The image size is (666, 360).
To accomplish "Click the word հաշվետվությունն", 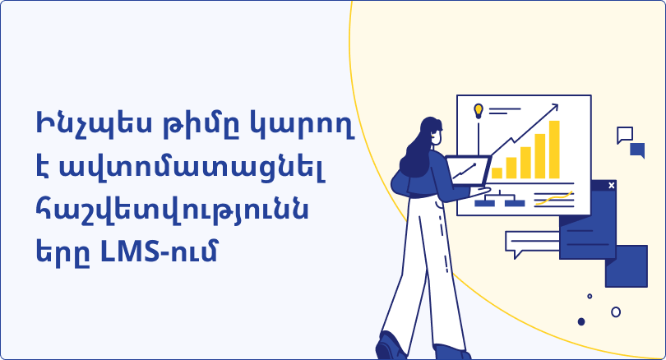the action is coord(172,210).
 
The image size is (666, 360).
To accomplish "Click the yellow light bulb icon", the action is coord(479,111).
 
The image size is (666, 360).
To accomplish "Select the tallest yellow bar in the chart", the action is coord(554,150).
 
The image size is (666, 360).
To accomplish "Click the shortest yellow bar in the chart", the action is coord(497,173).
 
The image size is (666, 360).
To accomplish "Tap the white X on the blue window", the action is coord(612,185).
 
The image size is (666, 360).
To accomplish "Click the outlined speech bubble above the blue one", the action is coord(625,135).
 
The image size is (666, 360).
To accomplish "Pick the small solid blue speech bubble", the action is coord(637,150).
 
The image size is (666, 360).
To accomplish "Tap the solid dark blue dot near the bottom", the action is coord(581,322).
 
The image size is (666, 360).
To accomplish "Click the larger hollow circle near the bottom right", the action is coord(616,312).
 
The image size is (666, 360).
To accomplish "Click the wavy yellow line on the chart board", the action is coord(553,198).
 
